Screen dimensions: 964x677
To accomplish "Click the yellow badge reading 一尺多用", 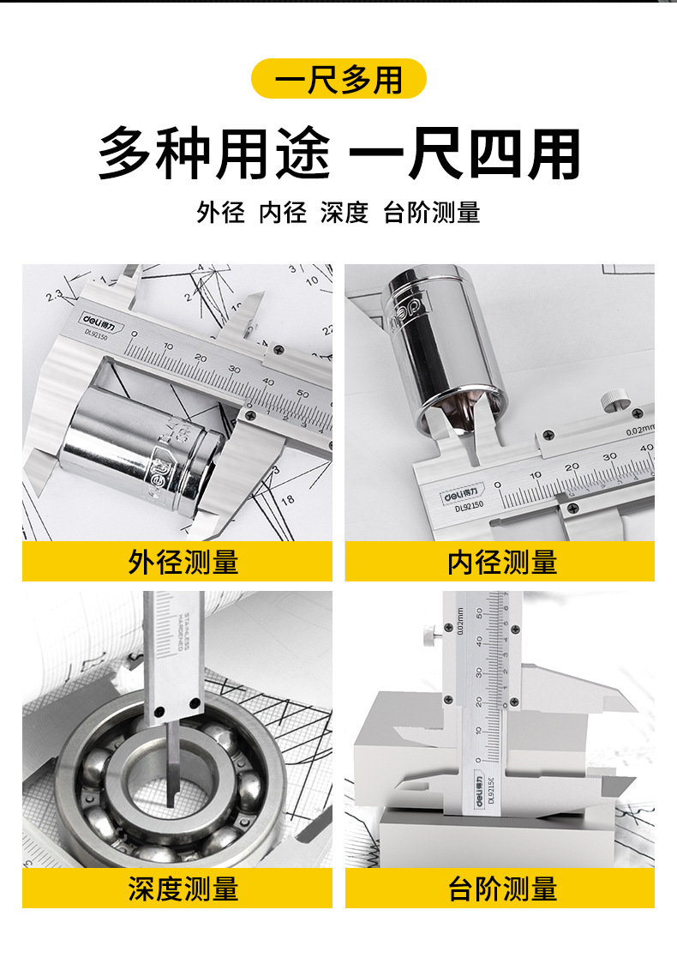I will (338, 79).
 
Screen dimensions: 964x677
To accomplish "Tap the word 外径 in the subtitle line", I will (220, 213).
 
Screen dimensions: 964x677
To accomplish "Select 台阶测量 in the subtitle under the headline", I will (431, 213).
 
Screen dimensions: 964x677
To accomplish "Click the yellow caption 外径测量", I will (177, 562).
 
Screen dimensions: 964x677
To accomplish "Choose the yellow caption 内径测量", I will (500, 562).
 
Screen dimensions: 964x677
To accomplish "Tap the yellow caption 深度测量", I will (177, 888).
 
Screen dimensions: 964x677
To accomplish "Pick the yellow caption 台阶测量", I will (500, 888).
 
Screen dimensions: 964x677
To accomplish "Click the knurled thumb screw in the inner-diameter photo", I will (612, 401).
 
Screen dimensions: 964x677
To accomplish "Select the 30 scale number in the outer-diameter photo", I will (234, 369).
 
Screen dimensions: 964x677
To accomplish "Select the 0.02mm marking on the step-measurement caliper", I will (460, 620).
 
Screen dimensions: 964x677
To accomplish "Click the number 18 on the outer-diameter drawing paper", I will (288, 499).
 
